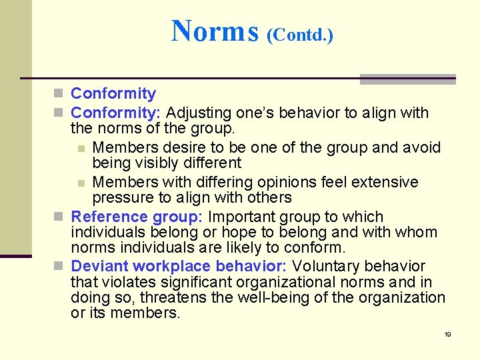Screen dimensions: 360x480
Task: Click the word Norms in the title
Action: [x=214, y=31]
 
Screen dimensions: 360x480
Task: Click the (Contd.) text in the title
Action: [x=299, y=35]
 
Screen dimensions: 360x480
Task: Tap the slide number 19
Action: [x=447, y=334]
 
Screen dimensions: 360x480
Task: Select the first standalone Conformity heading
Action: [x=113, y=94]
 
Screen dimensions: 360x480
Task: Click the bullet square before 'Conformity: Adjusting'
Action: [x=61, y=113]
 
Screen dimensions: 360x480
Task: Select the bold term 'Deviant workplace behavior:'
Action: [x=178, y=267]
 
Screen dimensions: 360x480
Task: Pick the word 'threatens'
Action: [x=171, y=297]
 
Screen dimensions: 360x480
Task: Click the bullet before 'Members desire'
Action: [x=81, y=147]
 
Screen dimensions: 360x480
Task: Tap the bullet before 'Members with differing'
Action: [x=81, y=183]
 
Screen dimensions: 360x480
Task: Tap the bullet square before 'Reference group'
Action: [x=61, y=217]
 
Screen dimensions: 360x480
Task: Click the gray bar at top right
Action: [x=407, y=79]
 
